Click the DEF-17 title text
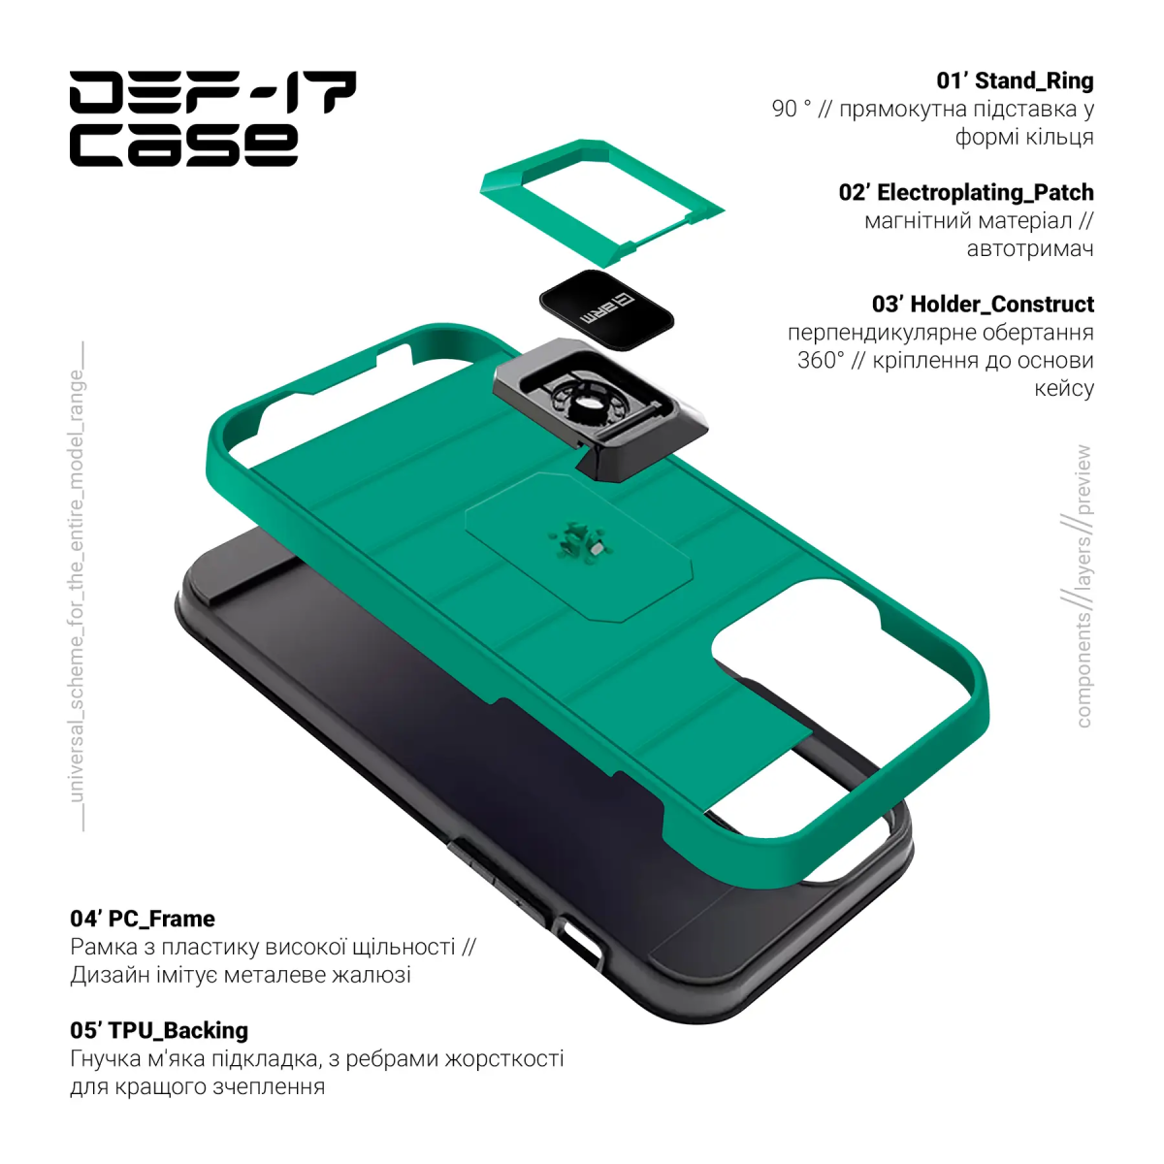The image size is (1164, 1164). (x=212, y=92)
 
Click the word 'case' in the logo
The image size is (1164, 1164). (x=183, y=145)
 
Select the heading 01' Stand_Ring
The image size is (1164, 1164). (x=1015, y=81)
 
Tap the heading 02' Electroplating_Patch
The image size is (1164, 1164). (x=966, y=192)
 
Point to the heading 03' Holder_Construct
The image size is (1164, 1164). (x=983, y=304)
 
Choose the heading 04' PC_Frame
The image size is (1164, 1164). (x=143, y=919)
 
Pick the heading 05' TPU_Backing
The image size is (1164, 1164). (x=159, y=1030)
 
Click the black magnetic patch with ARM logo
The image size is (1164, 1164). (x=606, y=309)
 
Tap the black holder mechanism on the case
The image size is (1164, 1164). (x=600, y=408)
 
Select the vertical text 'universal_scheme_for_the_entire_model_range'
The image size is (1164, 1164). (x=77, y=586)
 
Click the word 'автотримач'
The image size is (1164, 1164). (x=1030, y=248)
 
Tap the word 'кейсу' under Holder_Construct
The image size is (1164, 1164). (x=1064, y=388)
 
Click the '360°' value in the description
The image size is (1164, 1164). (x=821, y=360)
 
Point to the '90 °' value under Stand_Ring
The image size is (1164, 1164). (x=792, y=109)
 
